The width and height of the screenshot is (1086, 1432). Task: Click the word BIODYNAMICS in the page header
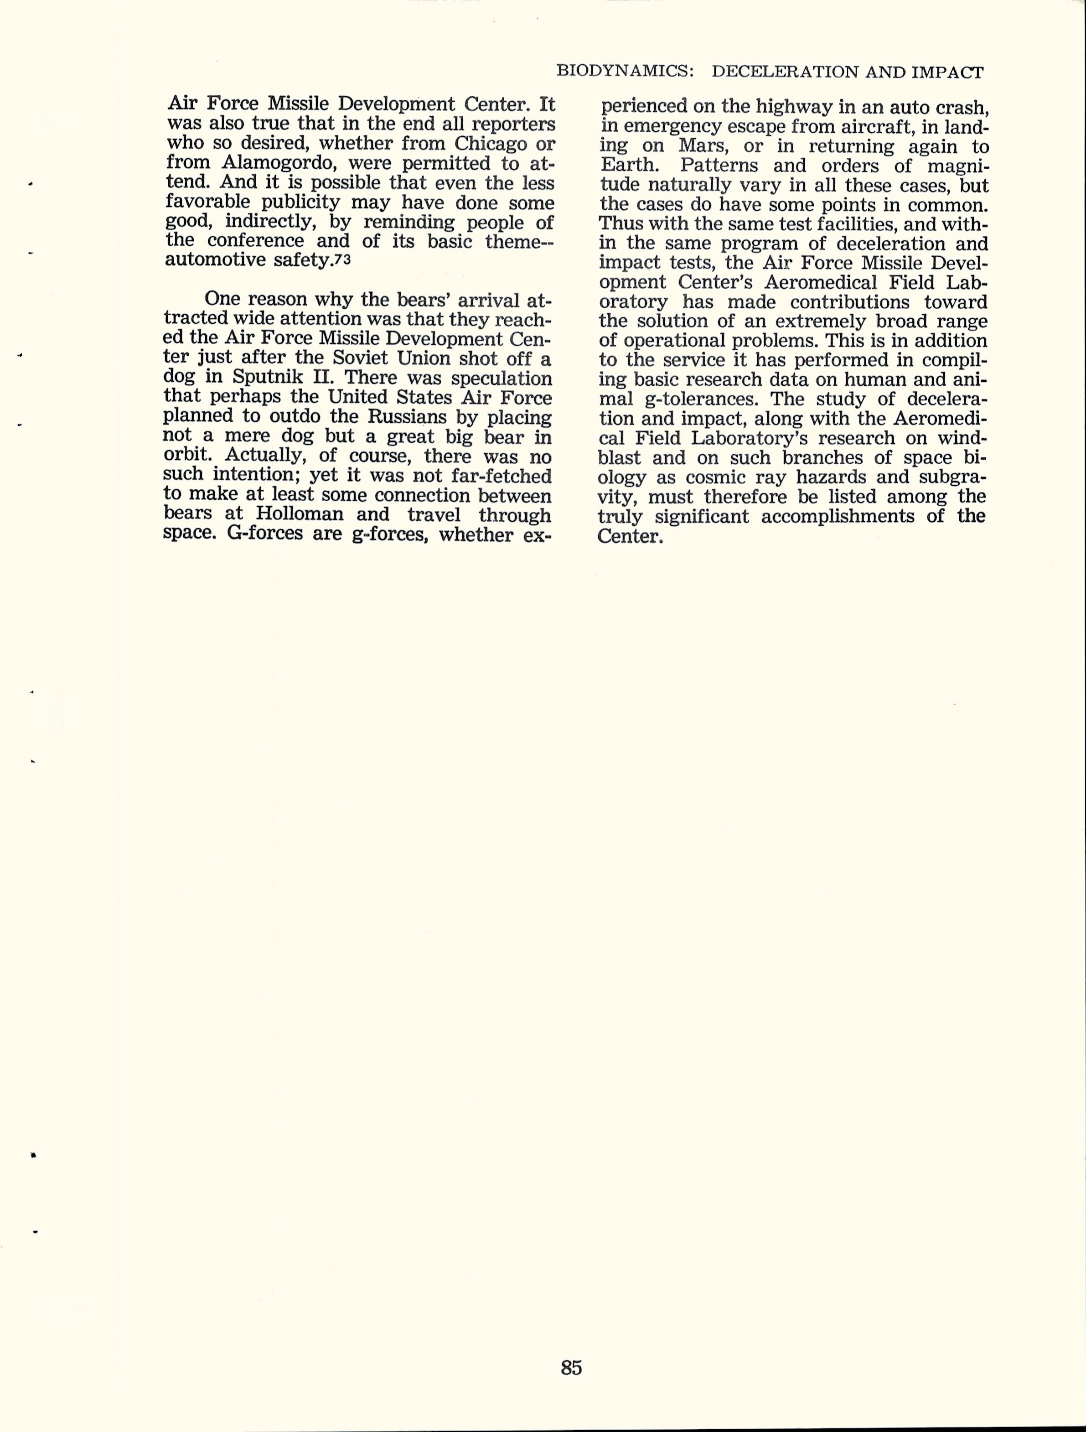(x=625, y=71)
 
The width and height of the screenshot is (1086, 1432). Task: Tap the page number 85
(x=571, y=1367)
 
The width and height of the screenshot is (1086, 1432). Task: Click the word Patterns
(x=719, y=166)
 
